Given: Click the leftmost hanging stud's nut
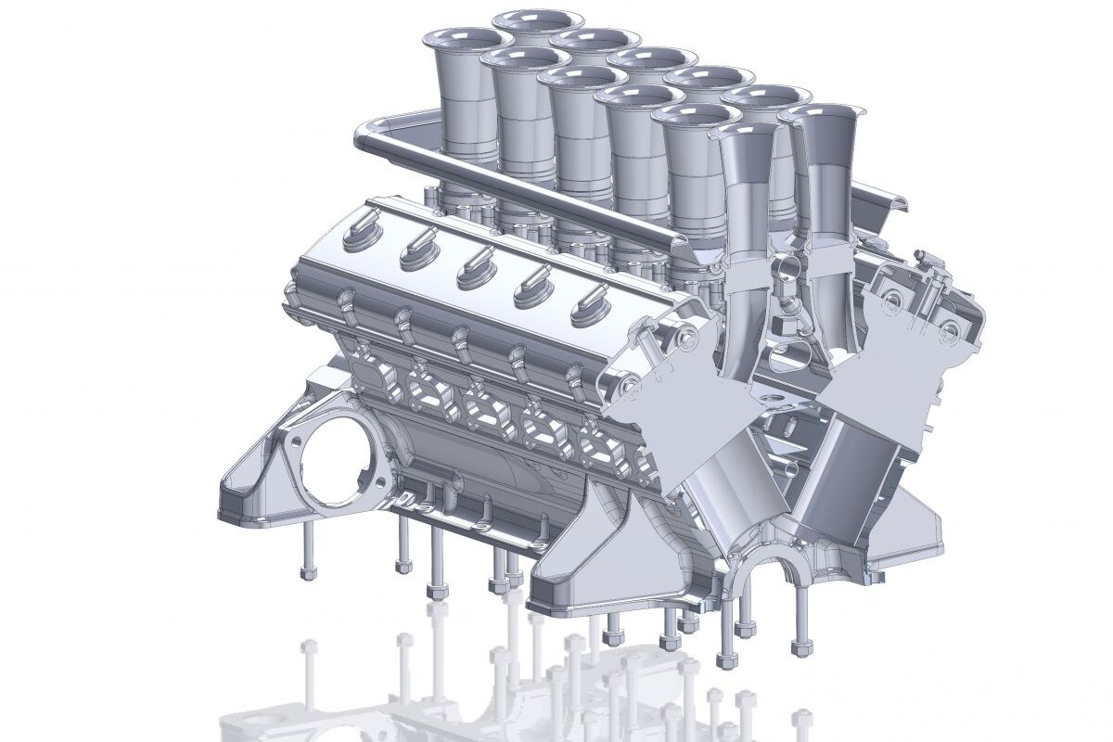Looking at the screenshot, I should (x=310, y=572).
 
